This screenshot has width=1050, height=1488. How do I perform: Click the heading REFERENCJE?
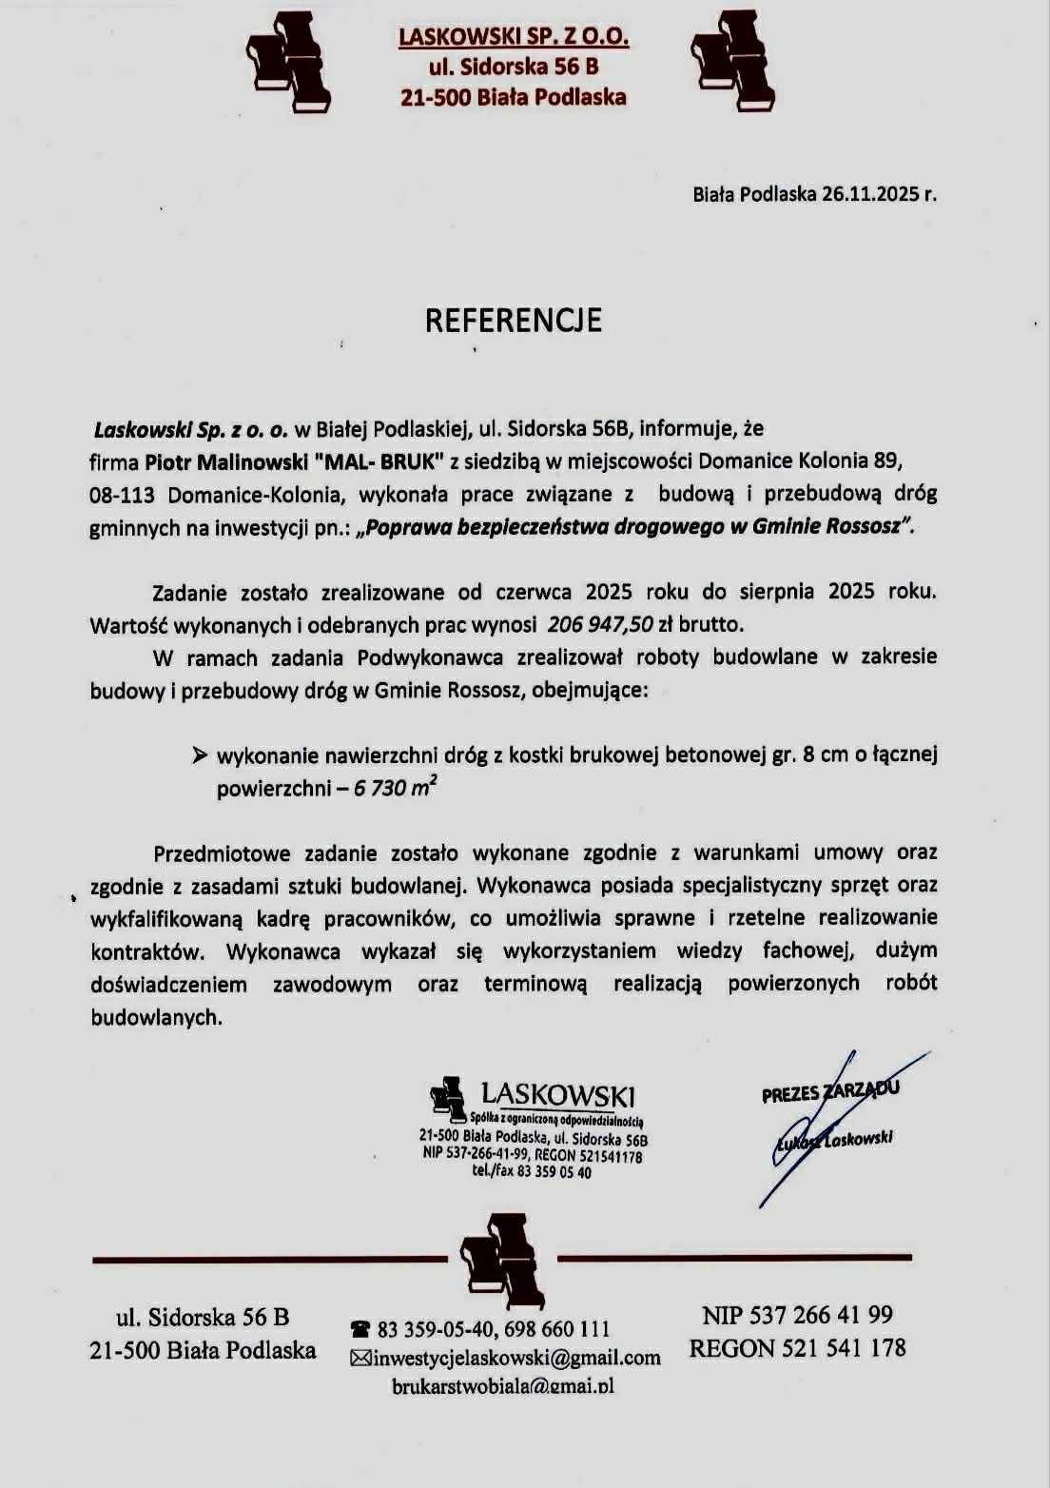click(x=513, y=321)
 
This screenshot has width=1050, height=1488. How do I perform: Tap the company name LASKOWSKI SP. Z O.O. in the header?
click(x=514, y=37)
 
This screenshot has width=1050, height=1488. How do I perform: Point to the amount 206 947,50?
click(x=600, y=625)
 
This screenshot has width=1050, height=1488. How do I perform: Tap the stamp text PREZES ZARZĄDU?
click(x=829, y=1092)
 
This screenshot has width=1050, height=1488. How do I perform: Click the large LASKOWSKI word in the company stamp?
click(x=558, y=1095)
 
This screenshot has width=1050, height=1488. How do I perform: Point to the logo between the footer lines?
click(x=501, y=1258)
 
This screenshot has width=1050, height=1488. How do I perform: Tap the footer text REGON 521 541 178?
click(x=797, y=1348)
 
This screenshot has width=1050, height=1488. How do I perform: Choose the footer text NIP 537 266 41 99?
click(x=797, y=1315)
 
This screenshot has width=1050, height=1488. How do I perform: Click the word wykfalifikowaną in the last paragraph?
click(x=166, y=919)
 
